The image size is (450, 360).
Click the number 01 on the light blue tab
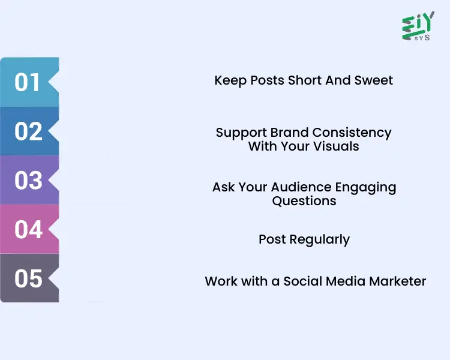27,82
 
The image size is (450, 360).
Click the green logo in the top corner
418,26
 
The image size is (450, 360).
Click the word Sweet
374,80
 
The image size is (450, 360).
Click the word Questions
304,201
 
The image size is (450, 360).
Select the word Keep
229,80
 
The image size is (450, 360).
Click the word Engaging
368,188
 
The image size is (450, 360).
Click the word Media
344,281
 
